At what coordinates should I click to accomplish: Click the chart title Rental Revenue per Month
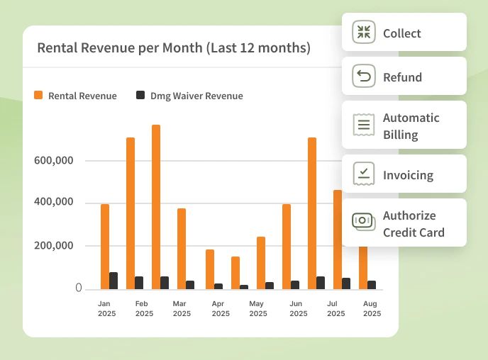tap(174, 48)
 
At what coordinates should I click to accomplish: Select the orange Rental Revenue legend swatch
tap(39, 96)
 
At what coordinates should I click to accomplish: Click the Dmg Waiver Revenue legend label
tap(196, 96)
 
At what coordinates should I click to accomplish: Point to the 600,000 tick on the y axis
tap(54, 161)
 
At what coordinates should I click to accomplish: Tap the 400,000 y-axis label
tap(54, 203)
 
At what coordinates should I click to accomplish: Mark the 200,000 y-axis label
tap(54, 246)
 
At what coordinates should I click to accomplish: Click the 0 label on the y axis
tap(79, 288)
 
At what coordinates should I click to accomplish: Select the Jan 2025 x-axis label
tap(106, 308)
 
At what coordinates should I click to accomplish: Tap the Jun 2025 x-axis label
tap(297, 308)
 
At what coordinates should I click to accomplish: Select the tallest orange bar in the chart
tap(156, 207)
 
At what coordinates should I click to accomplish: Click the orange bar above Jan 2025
tap(105, 247)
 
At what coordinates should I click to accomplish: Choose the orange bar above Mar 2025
tap(182, 249)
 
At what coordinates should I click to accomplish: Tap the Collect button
tap(404, 33)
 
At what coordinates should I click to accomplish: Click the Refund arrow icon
tap(364, 77)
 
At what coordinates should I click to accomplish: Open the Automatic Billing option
tap(404, 125)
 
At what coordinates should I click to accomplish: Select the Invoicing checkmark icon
tap(364, 174)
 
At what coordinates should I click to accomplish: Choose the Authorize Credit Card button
tap(404, 223)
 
